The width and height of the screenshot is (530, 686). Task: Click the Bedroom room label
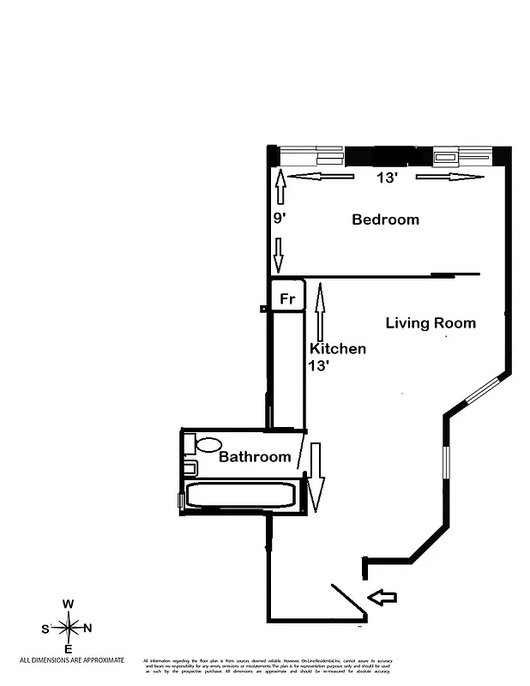pyautogui.click(x=385, y=220)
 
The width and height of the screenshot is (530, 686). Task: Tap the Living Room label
pyautogui.click(x=430, y=323)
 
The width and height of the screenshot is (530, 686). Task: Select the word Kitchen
pyautogui.click(x=337, y=349)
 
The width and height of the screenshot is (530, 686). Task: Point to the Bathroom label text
pyautogui.click(x=255, y=457)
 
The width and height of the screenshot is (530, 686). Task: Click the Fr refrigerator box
pyautogui.click(x=288, y=299)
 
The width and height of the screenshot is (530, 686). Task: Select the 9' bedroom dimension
pyautogui.click(x=279, y=218)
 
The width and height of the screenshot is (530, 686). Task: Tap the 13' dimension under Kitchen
pyautogui.click(x=319, y=364)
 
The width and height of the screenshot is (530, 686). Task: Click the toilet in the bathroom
pyautogui.click(x=207, y=445)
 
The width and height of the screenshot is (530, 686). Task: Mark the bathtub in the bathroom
pyautogui.click(x=241, y=495)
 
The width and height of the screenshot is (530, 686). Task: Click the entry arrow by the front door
pyautogui.click(x=382, y=597)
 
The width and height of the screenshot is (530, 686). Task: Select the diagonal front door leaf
pyautogui.click(x=349, y=602)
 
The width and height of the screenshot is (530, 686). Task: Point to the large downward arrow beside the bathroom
pyautogui.click(x=315, y=477)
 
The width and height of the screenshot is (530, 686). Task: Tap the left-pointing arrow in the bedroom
pyautogui.click(x=320, y=178)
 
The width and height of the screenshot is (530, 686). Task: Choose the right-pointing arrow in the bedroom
pyautogui.click(x=449, y=178)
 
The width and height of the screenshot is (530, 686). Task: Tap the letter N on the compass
pyautogui.click(x=87, y=629)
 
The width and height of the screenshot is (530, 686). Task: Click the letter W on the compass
pyautogui.click(x=68, y=605)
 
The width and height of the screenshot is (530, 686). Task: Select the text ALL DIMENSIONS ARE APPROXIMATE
pyautogui.click(x=72, y=660)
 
